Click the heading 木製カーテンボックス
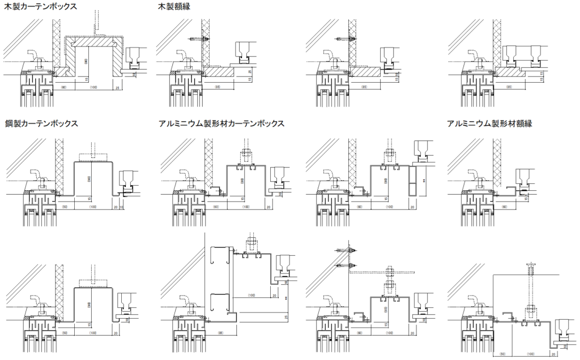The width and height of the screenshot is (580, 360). (x=41, y=6)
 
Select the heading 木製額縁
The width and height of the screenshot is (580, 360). (x=175, y=6)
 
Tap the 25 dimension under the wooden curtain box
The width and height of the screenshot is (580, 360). (x=117, y=88)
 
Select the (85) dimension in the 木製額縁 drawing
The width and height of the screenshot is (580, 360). (x=219, y=88)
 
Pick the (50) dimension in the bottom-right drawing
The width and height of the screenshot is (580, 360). (x=502, y=355)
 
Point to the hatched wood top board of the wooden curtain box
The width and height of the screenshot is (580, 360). (x=94, y=42)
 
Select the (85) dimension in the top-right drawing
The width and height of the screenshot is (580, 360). (x=509, y=88)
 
